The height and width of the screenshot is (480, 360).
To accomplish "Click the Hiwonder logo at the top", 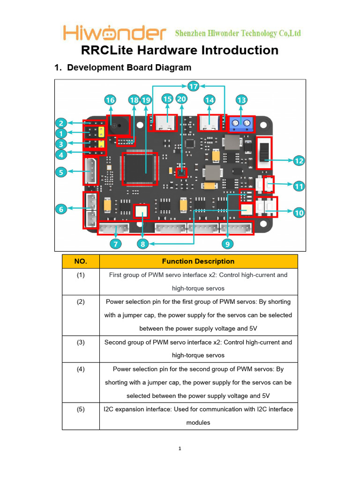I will [115, 33].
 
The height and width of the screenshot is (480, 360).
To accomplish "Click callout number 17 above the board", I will [194, 86].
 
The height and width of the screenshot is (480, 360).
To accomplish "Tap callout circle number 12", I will [299, 161].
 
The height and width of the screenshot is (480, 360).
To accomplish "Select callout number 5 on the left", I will [61, 172].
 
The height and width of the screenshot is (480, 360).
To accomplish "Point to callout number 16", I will [110, 100].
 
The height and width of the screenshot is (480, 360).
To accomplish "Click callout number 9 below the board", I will [227, 243].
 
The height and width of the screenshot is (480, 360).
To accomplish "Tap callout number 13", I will [242, 100].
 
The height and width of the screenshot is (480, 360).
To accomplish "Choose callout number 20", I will [181, 99].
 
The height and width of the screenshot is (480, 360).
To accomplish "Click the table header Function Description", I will [198, 261].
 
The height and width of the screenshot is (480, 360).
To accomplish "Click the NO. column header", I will [81, 261].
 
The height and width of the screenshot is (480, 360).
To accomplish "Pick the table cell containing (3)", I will [81, 342].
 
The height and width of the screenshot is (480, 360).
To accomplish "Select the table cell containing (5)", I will [81, 409].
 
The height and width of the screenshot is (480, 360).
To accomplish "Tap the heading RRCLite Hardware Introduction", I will [180, 50].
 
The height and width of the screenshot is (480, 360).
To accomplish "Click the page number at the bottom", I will [180, 449].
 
